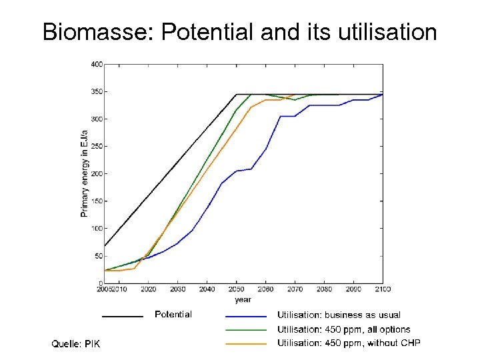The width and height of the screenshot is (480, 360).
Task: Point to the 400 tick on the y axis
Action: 96,65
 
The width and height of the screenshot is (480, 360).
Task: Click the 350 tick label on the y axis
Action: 96,92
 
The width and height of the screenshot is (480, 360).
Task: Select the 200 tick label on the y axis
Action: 96,174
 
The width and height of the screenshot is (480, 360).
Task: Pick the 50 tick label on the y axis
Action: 98,256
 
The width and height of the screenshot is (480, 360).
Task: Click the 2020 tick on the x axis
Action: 148,289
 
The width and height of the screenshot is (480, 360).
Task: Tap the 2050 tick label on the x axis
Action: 236,289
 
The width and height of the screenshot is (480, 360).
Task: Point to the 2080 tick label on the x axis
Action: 324,289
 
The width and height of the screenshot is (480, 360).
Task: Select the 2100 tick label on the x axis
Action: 382,289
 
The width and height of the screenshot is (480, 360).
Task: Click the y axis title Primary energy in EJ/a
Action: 84,173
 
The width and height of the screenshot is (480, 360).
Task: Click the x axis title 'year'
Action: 243,299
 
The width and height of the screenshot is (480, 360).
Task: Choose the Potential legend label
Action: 173,315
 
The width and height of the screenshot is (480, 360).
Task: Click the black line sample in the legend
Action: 123,316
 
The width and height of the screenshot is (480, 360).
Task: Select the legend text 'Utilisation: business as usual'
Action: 339,315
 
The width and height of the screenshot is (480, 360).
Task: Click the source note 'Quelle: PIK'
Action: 76,344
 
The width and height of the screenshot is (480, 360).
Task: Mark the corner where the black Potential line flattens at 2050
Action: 236,94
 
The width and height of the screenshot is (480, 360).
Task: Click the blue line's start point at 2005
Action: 105,270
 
